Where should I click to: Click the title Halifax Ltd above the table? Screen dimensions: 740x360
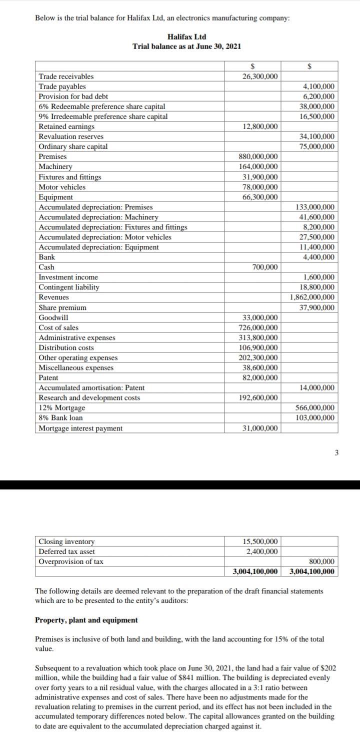pyautogui.click(x=186, y=37)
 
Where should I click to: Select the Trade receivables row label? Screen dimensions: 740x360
pyautogui.click(x=66, y=76)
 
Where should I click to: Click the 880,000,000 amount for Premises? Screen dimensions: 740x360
pyautogui.click(x=258, y=157)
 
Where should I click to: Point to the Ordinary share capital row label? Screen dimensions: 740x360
pyautogui.click(x=73, y=147)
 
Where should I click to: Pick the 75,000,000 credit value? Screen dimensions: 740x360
pyautogui.click(x=316, y=147)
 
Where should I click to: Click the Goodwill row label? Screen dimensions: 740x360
pyautogui.click(x=53, y=317)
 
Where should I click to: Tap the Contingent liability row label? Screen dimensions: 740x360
pyautogui.click(x=69, y=287)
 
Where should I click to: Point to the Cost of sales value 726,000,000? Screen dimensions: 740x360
pyautogui.click(x=258, y=327)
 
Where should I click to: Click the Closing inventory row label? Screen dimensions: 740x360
pyautogui.click(x=66, y=541)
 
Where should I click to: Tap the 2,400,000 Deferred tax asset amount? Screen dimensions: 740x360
pyautogui.click(x=261, y=551)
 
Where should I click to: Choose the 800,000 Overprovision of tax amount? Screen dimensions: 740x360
pyautogui.click(x=322, y=561)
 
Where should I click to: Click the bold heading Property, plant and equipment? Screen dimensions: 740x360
pyautogui.click(x=86, y=620)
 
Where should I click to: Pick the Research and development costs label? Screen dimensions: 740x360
pyautogui.click(x=89, y=398)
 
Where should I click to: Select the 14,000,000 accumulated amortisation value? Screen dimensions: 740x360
pyautogui.click(x=316, y=388)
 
